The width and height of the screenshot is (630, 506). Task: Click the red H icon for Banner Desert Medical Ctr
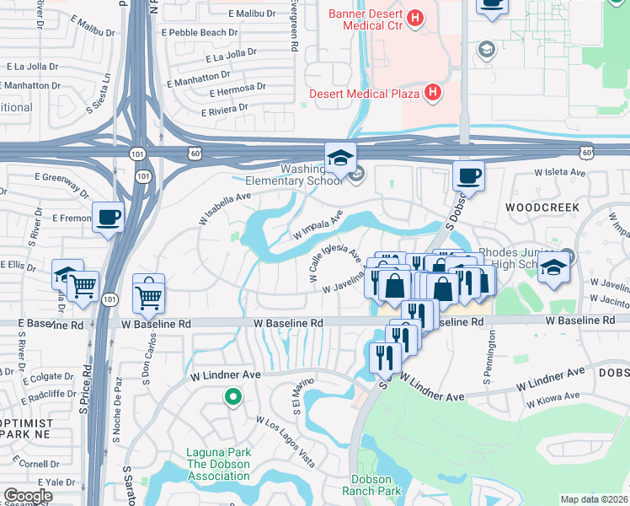coord(414,18)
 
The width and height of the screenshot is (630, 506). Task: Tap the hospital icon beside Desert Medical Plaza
coord(432,92)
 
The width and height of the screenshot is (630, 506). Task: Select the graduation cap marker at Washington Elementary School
coord(341,158)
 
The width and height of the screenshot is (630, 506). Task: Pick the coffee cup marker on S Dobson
coord(468,176)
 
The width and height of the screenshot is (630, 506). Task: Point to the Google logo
coord(28,496)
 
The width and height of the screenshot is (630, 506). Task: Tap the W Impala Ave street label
coord(317,225)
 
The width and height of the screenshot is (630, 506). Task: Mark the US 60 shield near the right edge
coord(586,152)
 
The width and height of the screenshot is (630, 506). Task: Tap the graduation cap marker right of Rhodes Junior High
coord(553,268)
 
